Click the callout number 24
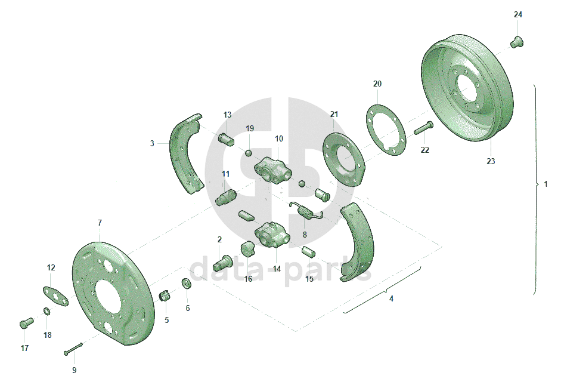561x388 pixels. tap(517, 15)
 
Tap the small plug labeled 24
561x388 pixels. tap(517, 42)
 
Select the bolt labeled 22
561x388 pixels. tap(424, 128)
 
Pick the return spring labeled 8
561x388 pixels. tap(307, 211)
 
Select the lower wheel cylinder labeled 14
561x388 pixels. tap(272, 234)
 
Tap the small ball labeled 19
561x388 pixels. tap(249, 153)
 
